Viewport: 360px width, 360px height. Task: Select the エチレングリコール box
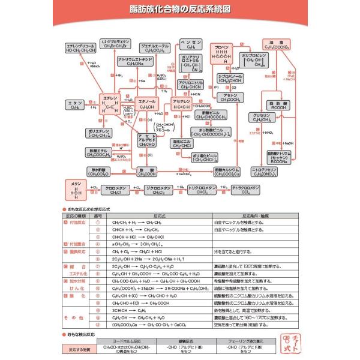click(82, 48)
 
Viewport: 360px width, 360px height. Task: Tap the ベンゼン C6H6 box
click(191, 46)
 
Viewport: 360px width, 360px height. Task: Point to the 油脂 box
click(277, 46)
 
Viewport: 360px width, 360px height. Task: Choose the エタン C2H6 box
click(75, 106)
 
